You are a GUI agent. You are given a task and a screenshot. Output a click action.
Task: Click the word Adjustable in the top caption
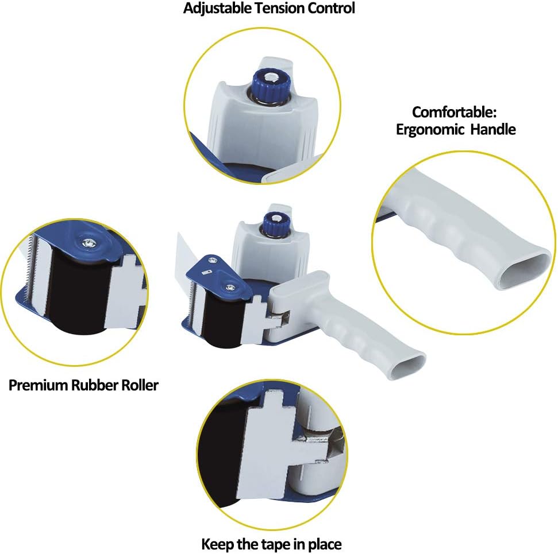[217, 9]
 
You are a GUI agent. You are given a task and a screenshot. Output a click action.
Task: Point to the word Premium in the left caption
[38, 385]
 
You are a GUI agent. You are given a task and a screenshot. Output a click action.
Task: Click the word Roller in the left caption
[140, 385]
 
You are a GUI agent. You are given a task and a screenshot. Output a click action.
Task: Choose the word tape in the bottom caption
[276, 545]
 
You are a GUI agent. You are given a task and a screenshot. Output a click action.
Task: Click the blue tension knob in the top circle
[271, 86]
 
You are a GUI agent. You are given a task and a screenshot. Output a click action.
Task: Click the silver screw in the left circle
[87, 243]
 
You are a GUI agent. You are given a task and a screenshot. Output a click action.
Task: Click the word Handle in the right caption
[493, 129]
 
